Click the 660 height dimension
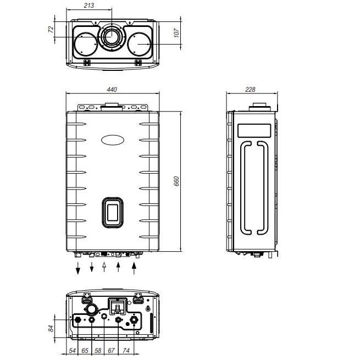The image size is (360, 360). point(177,181)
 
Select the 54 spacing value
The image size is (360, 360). point(71,350)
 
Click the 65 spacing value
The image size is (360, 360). point(85,350)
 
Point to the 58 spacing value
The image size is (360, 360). point(98,350)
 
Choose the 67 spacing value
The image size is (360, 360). point(111,350)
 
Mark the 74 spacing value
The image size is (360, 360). point(126,350)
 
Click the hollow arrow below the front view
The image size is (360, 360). point(104,268)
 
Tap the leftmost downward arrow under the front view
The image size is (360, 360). point(77,269)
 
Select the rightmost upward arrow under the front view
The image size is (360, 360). point(134,268)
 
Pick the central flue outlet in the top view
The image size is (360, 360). point(112,37)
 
